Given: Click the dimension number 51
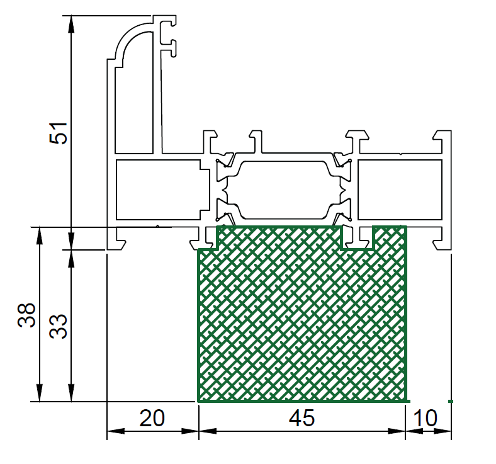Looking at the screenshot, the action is [59, 133].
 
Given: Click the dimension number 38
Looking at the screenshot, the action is [26, 315].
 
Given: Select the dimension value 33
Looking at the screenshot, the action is [59, 327].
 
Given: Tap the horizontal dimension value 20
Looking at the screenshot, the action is [152, 418].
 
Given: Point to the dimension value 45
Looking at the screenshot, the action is [302, 418].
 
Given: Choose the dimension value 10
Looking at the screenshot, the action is [426, 418].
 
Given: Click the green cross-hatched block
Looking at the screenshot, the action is [302, 316].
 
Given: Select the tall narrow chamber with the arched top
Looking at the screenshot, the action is [134, 95].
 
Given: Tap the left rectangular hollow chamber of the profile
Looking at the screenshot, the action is [161, 190].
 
